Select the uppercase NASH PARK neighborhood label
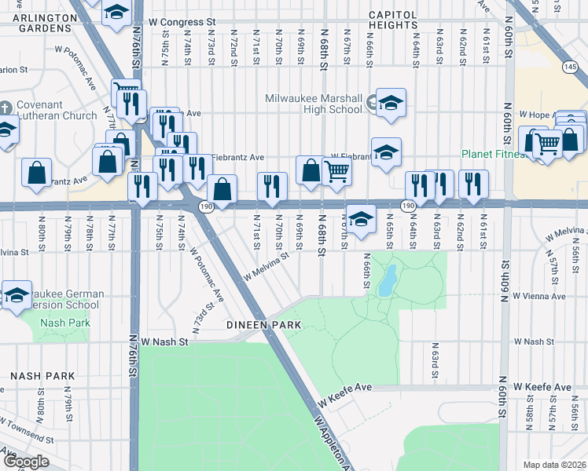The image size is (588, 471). (x=36, y=376)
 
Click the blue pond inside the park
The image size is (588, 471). (x=386, y=281)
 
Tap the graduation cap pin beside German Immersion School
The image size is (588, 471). (x=16, y=295)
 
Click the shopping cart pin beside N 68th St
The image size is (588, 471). (x=337, y=170)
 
